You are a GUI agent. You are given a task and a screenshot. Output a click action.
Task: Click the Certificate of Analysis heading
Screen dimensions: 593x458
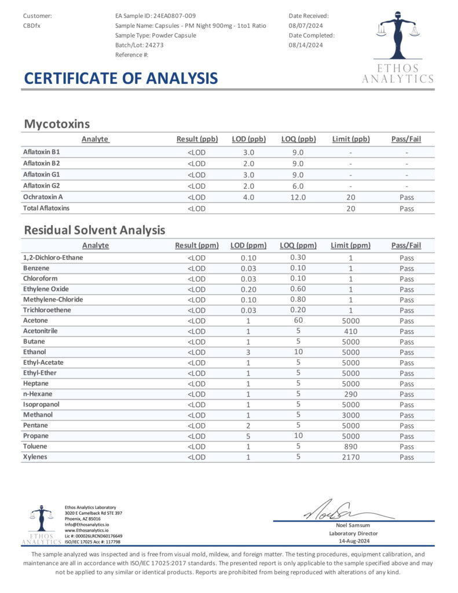point(120,78)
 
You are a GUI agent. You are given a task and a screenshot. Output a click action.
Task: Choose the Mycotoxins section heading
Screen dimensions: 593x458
point(56,123)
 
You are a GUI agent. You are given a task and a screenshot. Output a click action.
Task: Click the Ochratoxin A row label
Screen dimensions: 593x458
point(42,197)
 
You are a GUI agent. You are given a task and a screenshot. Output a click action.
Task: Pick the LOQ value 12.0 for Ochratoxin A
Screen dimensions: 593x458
point(298,197)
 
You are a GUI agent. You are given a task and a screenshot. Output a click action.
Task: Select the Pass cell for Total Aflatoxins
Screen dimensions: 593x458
point(406,208)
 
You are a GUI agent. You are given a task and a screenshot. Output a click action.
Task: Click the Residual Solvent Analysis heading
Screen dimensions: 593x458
point(94,230)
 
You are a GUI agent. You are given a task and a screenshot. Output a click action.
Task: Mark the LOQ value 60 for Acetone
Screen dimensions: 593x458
point(299,320)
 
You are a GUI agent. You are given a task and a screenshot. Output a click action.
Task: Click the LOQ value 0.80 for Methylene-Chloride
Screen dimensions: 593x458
point(299,299)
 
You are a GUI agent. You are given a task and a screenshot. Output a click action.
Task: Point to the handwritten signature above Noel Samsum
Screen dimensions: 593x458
point(333,511)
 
